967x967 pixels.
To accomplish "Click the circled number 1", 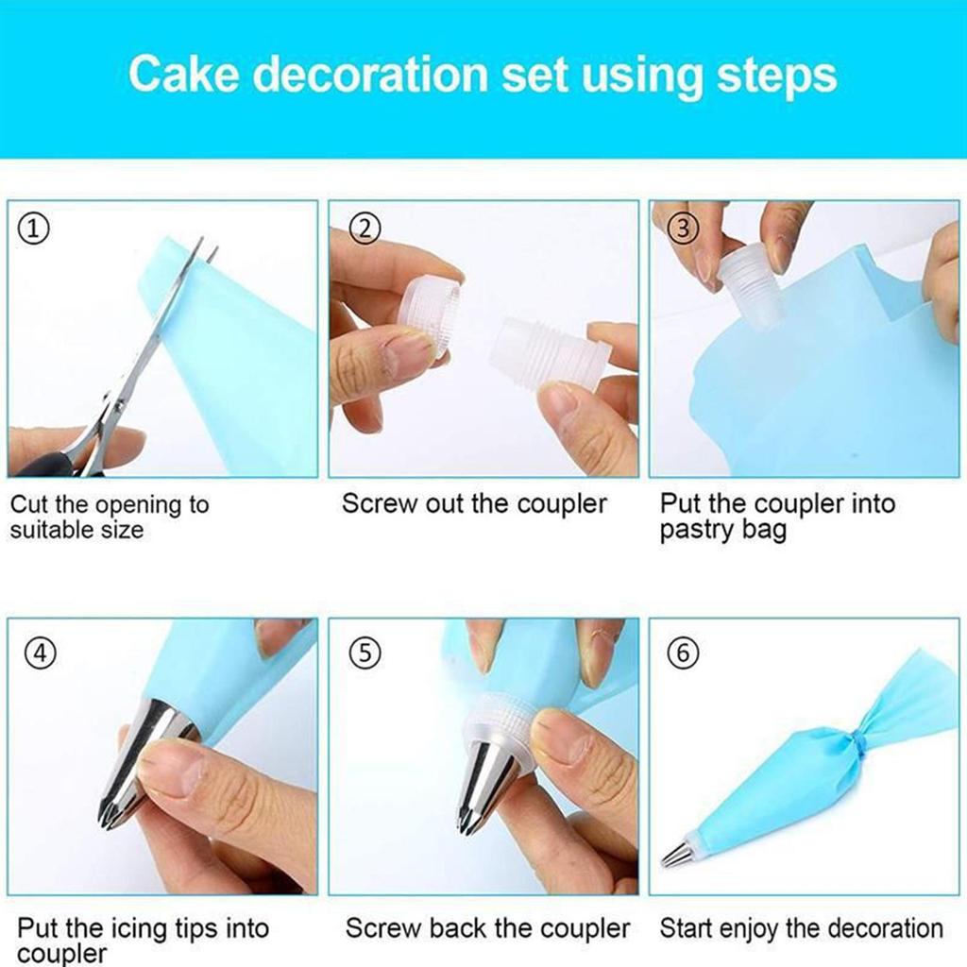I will (x=35, y=229).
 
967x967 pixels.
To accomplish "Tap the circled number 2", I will (x=365, y=228).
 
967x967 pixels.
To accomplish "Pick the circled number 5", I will (x=365, y=653).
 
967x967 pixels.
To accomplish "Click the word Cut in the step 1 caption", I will (x=28, y=504).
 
